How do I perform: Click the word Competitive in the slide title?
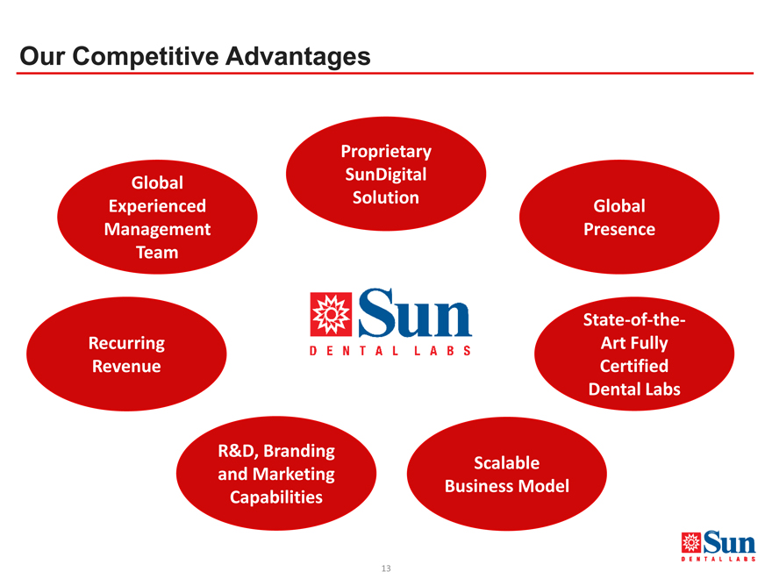pyautogui.click(x=146, y=56)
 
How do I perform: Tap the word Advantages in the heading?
pyautogui.click(x=298, y=56)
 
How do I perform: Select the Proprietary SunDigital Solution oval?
pyautogui.click(x=386, y=174)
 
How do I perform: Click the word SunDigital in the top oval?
pyautogui.click(x=386, y=175)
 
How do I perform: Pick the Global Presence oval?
pyautogui.click(x=619, y=218)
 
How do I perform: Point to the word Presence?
pyautogui.click(x=619, y=229)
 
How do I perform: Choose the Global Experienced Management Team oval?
pyautogui.click(x=157, y=218)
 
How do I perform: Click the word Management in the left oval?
pyautogui.click(x=157, y=229)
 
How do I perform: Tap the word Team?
pyautogui.click(x=157, y=252)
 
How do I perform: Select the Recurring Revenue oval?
pyautogui.click(x=126, y=354)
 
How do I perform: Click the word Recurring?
pyautogui.click(x=126, y=343)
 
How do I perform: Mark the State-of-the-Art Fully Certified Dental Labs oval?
pyautogui.click(x=634, y=354)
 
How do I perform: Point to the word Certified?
pyautogui.click(x=634, y=366)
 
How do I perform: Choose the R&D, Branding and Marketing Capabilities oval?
pyautogui.click(x=276, y=473)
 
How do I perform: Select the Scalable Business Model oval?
pyautogui.click(x=507, y=474)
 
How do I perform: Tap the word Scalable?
pyautogui.click(x=507, y=463)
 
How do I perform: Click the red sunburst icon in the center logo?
pyautogui.click(x=331, y=314)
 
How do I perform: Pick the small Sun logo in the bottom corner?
pyautogui.click(x=718, y=546)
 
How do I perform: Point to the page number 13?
pyautogui.click(x=386, y=568)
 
